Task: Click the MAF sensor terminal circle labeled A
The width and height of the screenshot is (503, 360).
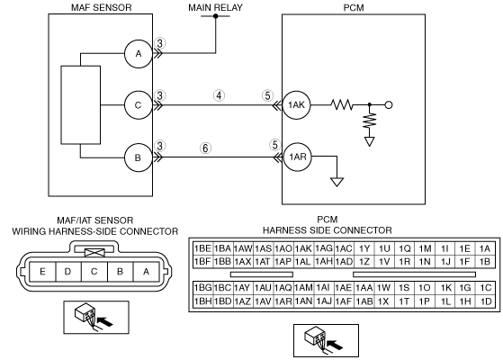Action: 139,54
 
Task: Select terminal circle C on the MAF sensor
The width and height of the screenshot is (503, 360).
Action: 139,105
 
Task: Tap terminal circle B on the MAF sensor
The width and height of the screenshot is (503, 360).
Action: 139,157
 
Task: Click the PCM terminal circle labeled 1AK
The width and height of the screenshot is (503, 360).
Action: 296,105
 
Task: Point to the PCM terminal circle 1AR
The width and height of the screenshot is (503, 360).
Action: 298,157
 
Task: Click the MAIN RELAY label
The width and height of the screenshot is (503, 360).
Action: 215,7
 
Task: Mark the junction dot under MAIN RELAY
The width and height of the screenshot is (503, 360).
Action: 216,15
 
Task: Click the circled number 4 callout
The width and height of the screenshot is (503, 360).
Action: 219,95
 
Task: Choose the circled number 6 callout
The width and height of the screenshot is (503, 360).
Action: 206,148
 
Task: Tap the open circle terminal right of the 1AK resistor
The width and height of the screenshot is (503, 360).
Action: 389,105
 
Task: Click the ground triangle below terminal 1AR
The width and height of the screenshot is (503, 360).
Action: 337,182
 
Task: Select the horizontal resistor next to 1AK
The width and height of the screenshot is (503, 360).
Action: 342,104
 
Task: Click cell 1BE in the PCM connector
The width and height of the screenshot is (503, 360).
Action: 202,248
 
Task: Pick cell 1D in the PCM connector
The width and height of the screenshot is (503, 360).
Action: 486,301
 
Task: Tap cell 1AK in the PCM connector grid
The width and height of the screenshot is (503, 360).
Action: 303,248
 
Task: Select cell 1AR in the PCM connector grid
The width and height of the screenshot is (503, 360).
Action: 283,301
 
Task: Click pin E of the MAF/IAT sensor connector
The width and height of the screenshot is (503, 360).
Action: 42,272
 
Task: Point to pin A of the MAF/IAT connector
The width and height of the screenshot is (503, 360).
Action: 146,272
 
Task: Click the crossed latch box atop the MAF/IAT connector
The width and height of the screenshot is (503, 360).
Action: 94,253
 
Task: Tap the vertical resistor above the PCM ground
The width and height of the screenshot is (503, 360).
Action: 370,120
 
